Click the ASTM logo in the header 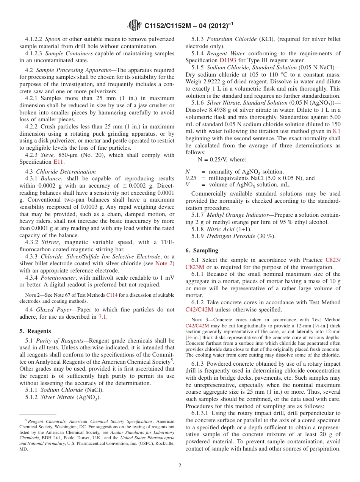(x=135, y=25)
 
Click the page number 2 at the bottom (x=180, y=465)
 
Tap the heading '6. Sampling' (x=202, y=250)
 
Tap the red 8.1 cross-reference (x=336, y=131)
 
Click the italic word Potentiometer (x=58, y=277)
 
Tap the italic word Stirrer (x=50, y=242)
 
